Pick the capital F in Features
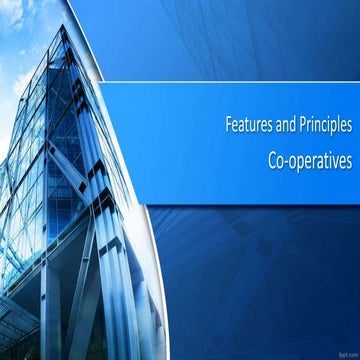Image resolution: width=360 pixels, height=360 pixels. [227, 127]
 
